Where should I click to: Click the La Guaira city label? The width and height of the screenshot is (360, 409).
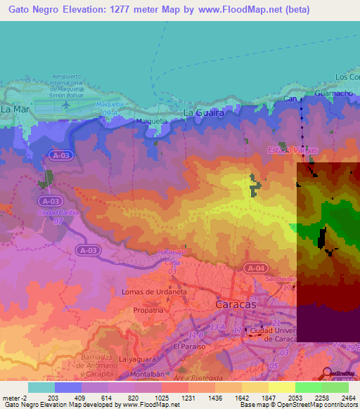(x=203, y=112)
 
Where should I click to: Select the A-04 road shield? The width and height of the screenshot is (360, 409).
(x=255, y=268)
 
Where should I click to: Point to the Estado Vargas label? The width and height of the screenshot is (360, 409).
(x=292, y=150)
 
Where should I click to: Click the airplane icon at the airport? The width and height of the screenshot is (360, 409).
(x=66, y=104)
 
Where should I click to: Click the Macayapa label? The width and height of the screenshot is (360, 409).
(x=172, y=251)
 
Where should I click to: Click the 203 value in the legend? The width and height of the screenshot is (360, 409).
(x=54, y=397)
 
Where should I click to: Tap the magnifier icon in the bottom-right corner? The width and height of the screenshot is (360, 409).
(x=327, y=374)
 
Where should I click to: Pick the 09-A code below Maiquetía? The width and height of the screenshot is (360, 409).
(x=108, y=112)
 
